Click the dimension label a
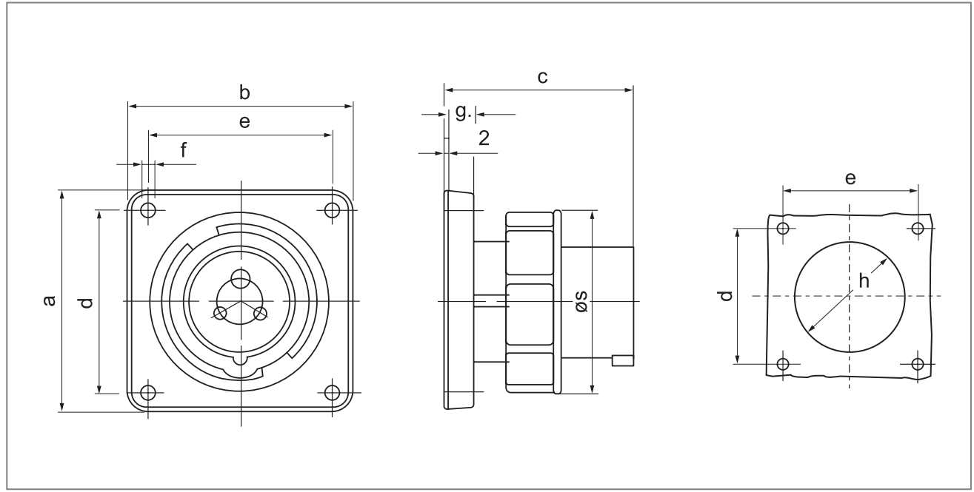pos(50,300)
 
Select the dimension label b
pos(245,92)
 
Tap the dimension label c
pos(542,77)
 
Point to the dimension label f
pos(184,149)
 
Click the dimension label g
pos(462,112)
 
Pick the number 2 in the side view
pos(484,138)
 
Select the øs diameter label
pos(581,301)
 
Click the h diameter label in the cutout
pos(864,281)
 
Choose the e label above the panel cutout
pos(850,178)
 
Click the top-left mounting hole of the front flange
pos(148,210)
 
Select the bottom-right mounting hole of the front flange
pos(333,393)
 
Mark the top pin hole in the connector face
pos(241,278)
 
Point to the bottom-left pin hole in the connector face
pos(221,313)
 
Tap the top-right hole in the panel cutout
pos(918,228)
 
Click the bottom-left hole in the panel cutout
pos(783,364)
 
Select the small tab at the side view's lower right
pos(623,360)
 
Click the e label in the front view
pos(245,122)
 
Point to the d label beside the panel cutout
pos(725,296)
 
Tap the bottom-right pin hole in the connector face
pos(260,313)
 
